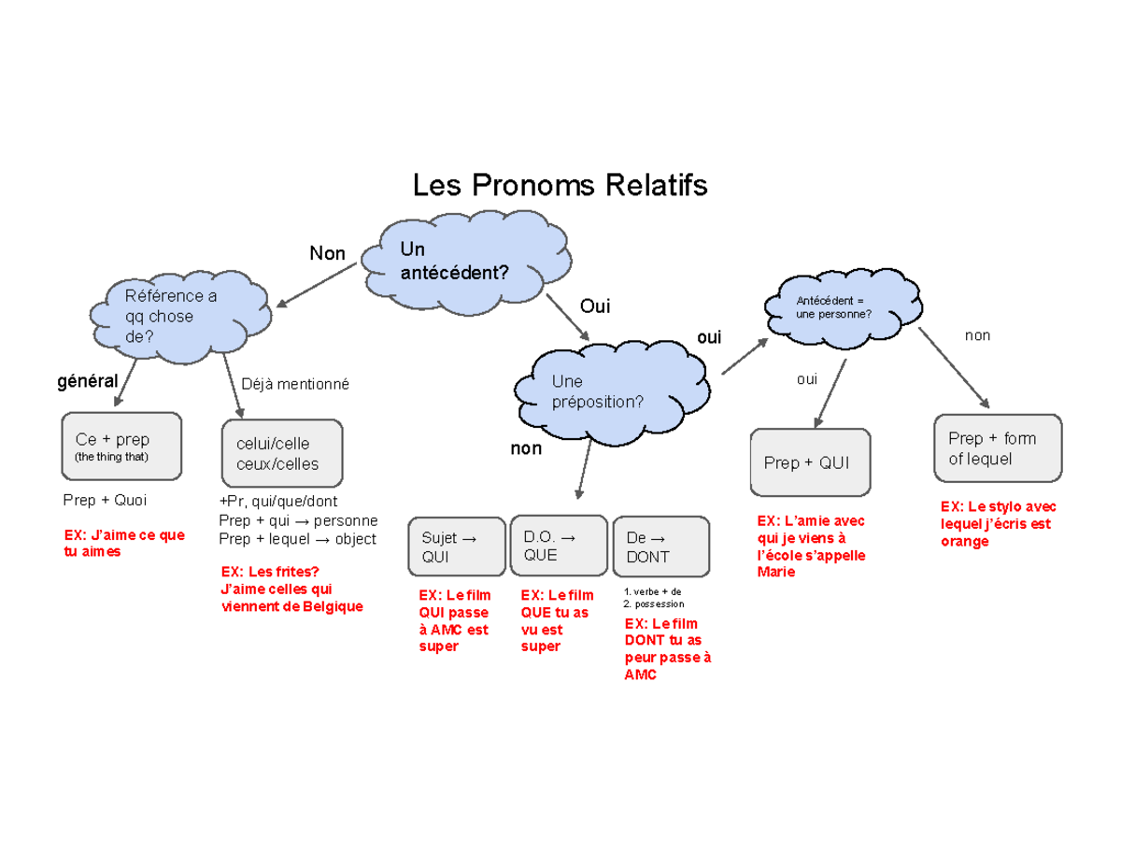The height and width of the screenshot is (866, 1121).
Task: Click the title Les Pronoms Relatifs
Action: pos(560,185)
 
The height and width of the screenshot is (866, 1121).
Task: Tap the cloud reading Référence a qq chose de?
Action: pos(177,318)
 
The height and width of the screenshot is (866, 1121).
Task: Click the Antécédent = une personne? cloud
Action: pos(834,307)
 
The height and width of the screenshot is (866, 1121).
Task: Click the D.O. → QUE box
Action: pos(558,546)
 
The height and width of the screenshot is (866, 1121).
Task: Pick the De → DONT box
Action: pos(660,547)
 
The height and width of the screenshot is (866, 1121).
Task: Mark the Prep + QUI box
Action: pos(810,462)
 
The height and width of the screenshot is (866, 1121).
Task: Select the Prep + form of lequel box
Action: pos(998,448)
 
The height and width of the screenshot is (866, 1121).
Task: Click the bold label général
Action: pos(88,381)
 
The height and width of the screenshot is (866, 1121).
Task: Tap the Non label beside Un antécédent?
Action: pos(327,253)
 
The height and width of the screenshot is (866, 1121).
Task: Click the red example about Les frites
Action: pos(291,589)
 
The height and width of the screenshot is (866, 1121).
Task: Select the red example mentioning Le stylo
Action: pos(998,524)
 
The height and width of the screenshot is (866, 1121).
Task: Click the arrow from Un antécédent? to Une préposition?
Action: pos(568,319)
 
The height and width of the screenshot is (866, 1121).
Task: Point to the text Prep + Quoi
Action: pos(105,500)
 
